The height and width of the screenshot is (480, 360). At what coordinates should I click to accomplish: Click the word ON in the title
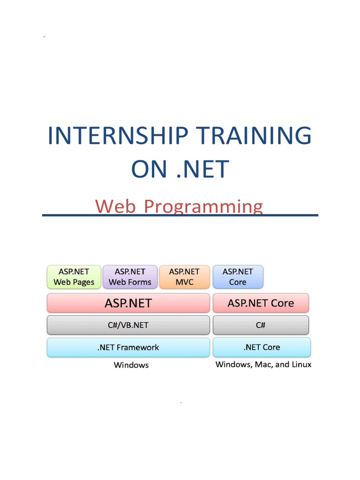[150, 169]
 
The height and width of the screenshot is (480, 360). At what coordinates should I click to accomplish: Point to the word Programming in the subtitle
[203, 206]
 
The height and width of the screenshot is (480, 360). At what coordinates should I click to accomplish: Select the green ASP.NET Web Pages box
[74, 277]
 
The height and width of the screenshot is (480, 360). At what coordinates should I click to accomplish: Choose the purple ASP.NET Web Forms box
[130, 277]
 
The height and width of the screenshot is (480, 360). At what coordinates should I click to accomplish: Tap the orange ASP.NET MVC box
[184, 277]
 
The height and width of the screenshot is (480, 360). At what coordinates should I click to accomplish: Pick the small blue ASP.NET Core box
[238, 277]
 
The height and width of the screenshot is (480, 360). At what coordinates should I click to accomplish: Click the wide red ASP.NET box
[128, 303]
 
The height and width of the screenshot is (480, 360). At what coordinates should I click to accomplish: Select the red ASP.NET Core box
[261, 303]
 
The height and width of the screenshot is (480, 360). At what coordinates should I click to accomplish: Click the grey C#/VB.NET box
[128, 325]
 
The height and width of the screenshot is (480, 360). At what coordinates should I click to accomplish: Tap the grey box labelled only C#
[261, 325]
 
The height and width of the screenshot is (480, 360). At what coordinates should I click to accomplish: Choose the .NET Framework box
[128, 347]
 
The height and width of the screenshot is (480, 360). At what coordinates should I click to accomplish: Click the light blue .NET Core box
[262, 347]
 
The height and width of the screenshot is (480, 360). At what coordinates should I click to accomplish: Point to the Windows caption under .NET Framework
[131, 365]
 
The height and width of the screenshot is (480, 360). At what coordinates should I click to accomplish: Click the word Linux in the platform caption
[301, 364]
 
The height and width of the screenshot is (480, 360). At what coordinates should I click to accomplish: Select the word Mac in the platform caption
[262, 364]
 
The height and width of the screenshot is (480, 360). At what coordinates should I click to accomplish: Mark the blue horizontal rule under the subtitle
[180, 215]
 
